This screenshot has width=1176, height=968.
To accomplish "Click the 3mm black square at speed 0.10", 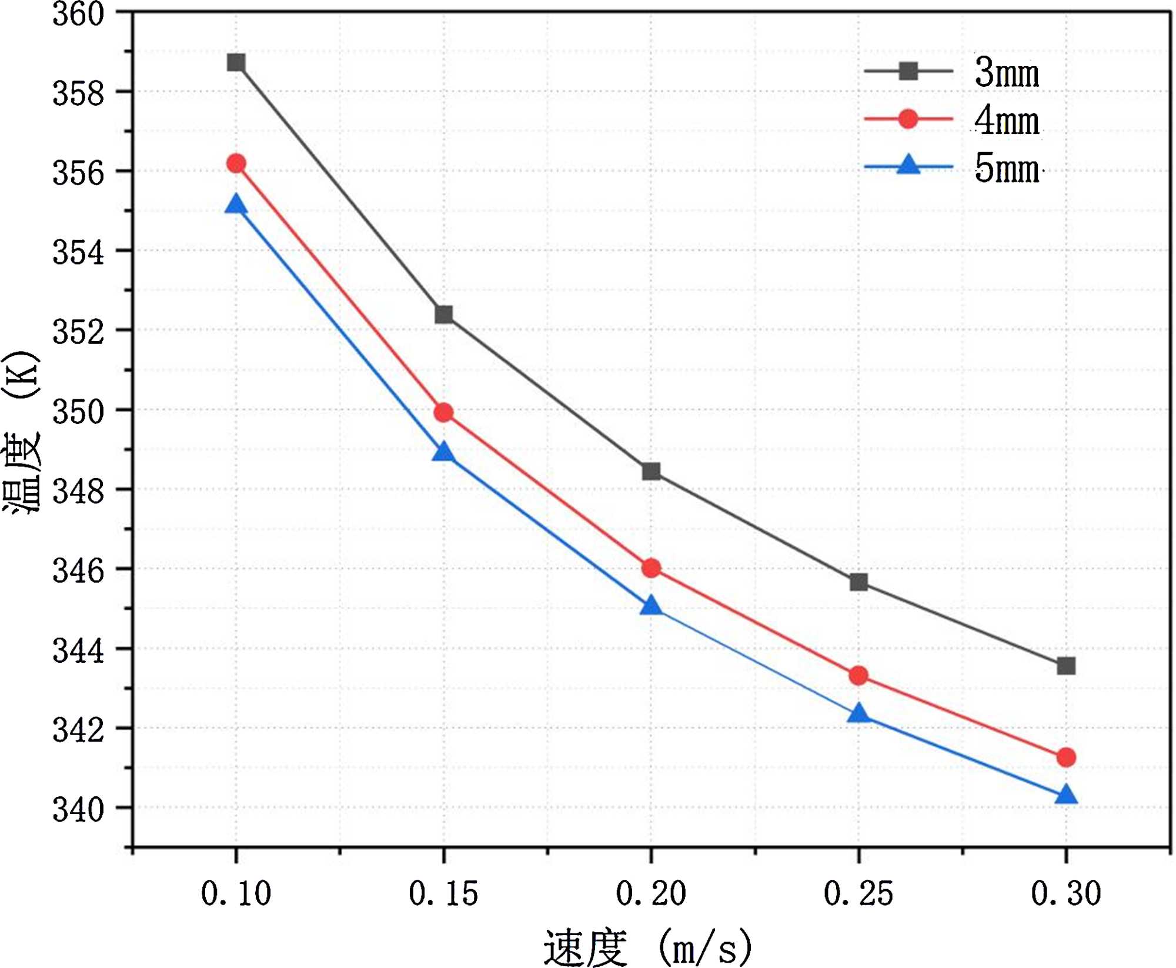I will [236, 62].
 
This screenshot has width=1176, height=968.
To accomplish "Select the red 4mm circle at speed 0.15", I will [444, 412].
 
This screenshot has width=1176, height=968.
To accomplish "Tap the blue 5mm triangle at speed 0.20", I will [651, 606].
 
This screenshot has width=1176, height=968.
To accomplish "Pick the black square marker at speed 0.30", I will [1066, 666].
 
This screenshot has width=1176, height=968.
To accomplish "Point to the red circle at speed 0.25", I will [858, 675].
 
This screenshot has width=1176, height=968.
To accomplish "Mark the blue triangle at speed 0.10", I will [236, 205].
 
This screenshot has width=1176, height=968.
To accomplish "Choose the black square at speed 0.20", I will [651, 471].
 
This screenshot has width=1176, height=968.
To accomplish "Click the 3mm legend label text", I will [1007, 73].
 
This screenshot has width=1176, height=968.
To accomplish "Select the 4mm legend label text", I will [1007, 121].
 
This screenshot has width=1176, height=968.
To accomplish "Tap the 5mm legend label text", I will [1007, 169].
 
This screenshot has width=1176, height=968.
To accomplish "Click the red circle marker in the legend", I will [908, 119].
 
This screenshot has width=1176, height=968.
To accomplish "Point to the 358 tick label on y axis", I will [78, 94].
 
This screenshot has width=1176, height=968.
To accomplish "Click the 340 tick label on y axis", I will [78, 810].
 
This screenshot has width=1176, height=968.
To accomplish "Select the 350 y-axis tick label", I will [78, 412].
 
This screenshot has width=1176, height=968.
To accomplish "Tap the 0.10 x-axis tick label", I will [236, 894].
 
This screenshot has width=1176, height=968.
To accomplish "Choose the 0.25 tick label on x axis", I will [858, 894].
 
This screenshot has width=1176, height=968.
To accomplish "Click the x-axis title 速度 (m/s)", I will [647, 947].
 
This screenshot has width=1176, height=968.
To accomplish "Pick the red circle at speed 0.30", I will [1066, 757].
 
